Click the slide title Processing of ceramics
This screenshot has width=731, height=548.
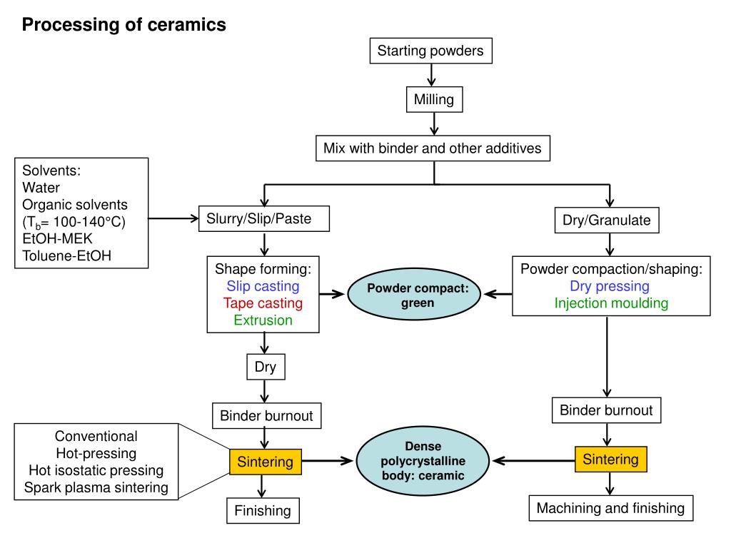pyautogui.click(x=123, y=25)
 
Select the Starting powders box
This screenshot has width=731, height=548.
pyautogui.click(x=430, y=51)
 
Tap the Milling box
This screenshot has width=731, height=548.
pyautogui.click(x=433, y=99)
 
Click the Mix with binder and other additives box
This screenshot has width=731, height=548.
pyautogui.click(x=433, y=148)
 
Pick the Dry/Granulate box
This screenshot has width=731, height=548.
pyautogui.click(x=606, y=220)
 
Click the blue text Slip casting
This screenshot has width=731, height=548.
pyautogui.click(x=263, y=286)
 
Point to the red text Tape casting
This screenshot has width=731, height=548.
pyautogui.click(x=263, y=303)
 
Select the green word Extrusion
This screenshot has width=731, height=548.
pyautogui.click(x=263, y=320)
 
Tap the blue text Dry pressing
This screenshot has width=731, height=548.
pyautogui.click(x=609, y=286)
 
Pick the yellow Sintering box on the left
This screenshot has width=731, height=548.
pyautogui.click(x=266, y=462)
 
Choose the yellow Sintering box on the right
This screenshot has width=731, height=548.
pyautogui.click(x=610, y=459)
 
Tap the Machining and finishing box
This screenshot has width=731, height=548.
pyautogui.click(x=610, y=508)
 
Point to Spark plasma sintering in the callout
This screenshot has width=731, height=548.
pyautogui.click(x=96, y=488)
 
